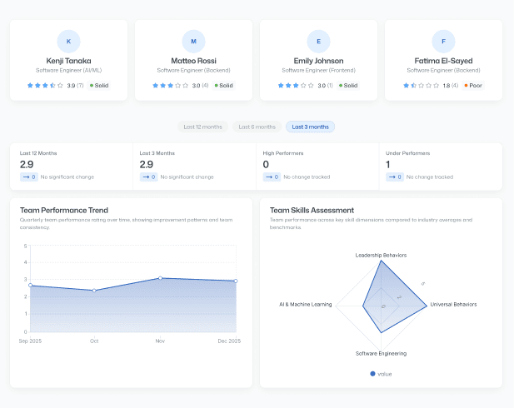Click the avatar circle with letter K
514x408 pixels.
click(68, 41)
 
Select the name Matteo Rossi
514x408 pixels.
click(193, 61)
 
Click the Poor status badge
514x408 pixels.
click(472, 85)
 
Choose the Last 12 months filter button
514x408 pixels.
click(202, 127)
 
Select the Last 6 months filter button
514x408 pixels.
click(257, 127)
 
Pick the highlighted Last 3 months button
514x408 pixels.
click(310, 127)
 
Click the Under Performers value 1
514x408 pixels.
click(388, 165)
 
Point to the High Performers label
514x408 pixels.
click(283, 153)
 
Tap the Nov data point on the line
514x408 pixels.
click(160, 278)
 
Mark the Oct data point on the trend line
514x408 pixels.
click(94, 291)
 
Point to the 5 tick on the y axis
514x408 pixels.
click(25, 246)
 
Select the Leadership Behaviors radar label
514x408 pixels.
click(381, 255)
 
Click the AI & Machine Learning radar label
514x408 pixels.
click(305, 305)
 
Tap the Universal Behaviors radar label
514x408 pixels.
click(453, 305)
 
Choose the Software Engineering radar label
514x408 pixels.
click(381, 353)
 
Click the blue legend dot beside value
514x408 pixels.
click(372, 374)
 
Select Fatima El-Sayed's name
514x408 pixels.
click(443, 61)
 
